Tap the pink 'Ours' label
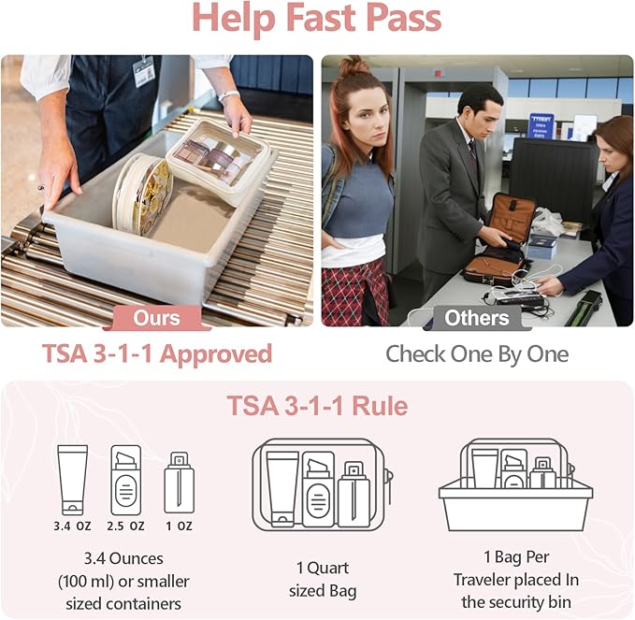pyautogui.click(x=156, y=317)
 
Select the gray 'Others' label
pyautogui.click(x=476, y=317)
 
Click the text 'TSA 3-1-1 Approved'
pyautogui.click(x=157, y=354)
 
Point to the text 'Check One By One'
pyautogui.click(x=477, y=354)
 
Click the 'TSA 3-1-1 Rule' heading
pyautogui.click(x=316, y=407)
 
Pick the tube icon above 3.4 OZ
pyautogui.click(x=72, y=480)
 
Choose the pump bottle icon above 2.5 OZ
pyautogui.click(x=125, y=480)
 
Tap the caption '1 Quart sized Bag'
pyautogui.click(x=323, y=580)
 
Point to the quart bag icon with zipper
pyautogui.click(x=322, y=484)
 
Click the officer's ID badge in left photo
pyautogui.click(x=144, y=72)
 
